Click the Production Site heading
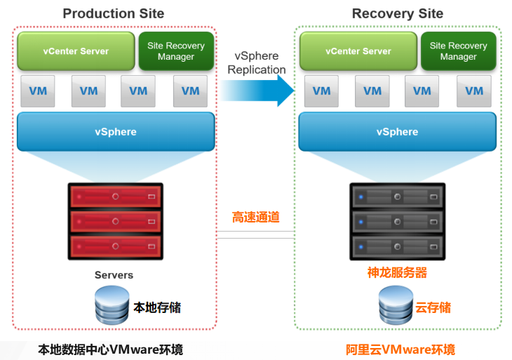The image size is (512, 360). pyautogui.click(x=114, y=14)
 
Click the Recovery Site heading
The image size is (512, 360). pyautogui.click(x=398, y=14)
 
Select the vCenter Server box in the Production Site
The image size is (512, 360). pyautogui.click(x=76, y=51)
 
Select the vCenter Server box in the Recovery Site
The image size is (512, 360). pyautogui.click(x=358, y=51)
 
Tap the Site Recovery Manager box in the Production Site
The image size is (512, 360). pyautogui.click(x=176, y=51)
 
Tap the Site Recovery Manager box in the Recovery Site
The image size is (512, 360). pyautogui.click(x=459, y=51)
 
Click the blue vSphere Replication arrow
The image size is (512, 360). pyautogui.click(x=257, y=91)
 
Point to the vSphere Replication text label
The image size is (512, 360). pyautogui.click(x=257, y=62)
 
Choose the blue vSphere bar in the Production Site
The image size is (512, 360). pyautogui.click(x=116, y=132)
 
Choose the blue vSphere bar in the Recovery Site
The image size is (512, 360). pyautogui.click(x=398, y=132)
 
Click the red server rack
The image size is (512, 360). pyautogui.click(x=116, y=222)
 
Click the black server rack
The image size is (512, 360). pyautogui.click(x=398, y=222)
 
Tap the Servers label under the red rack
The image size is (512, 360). pyautogui.click(x=114, y=275)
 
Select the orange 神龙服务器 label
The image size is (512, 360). pyautogui.click(x=397, y=272)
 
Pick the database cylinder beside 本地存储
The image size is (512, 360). pyautogui.click(x=112, y=305)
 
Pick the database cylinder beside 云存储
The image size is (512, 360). pyautogui.click(x=396, y=305)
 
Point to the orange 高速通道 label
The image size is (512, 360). pyautogui.click(x=256, y=217)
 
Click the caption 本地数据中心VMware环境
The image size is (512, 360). pyautogui.click(x=110, y=349)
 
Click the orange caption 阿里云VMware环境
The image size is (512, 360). pyautogui.click(x=400, y=349)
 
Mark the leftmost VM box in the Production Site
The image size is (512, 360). pyautogui.click(x=38, y=91)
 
